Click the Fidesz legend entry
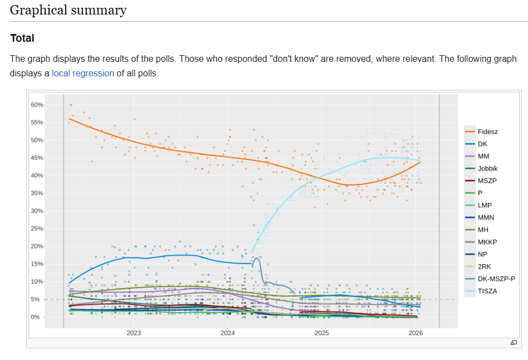[487, 132]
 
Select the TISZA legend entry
[487, 291]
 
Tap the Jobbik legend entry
[487, 168]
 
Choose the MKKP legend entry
[487, 242]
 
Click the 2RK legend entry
[485, 266]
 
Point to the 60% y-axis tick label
[37, 105]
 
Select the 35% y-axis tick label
[37, 193]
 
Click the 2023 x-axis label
[134, 333]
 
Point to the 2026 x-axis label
[415, 333]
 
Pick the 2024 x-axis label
[228, 333]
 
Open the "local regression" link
[83, 73]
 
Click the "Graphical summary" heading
[68, 10]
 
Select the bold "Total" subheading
[22, 38]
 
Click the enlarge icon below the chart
[514, 343]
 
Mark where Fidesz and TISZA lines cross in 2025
[319, 178]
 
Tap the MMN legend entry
[486, 217]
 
